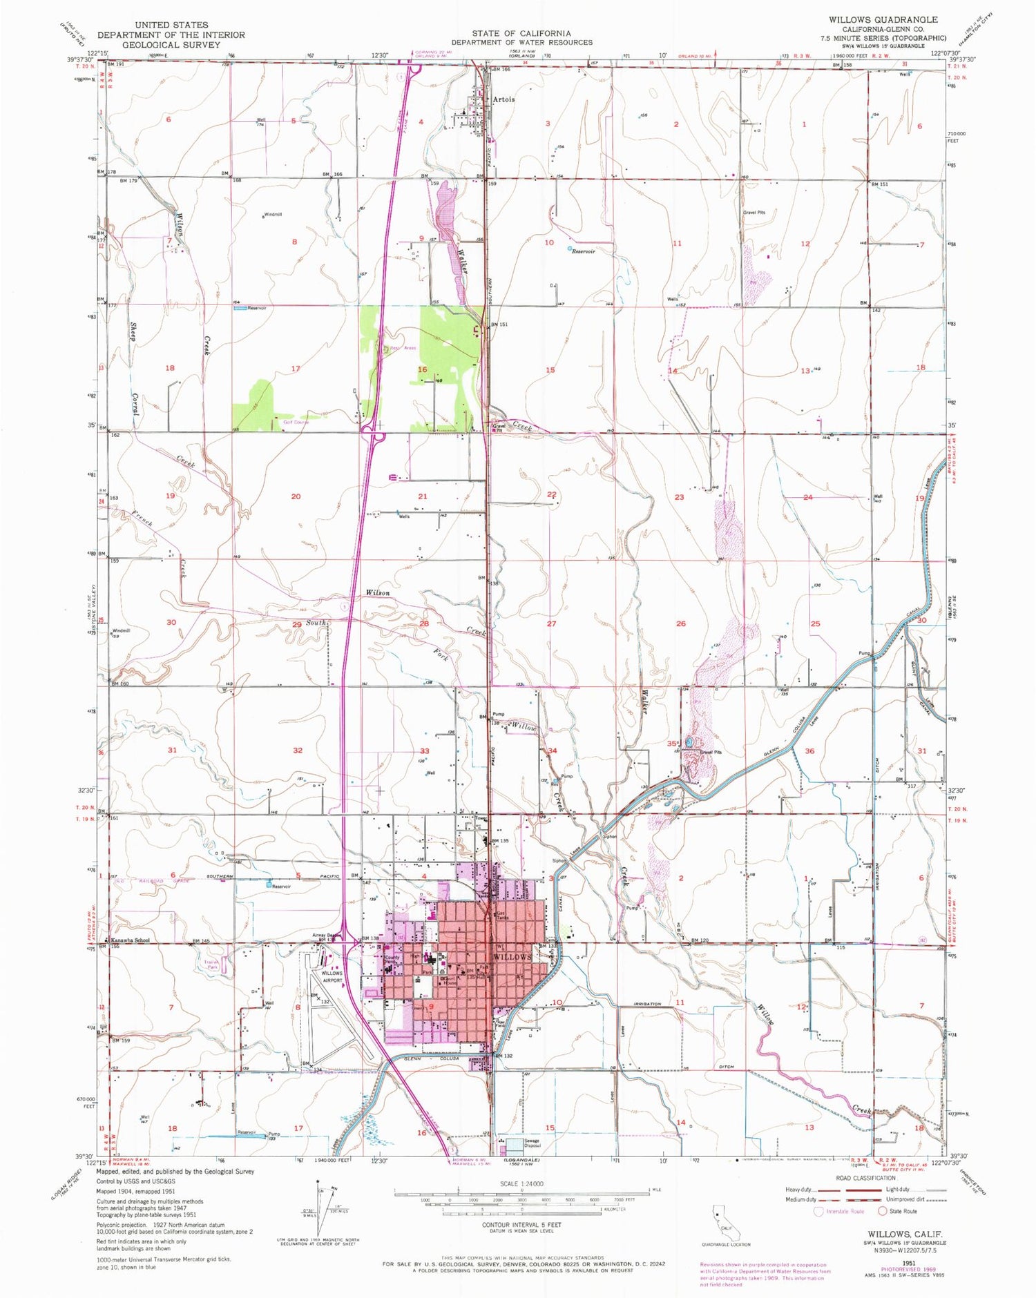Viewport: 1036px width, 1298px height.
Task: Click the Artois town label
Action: click(x=504, y=99)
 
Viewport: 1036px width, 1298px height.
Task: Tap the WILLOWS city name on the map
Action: click(x=512, y=958)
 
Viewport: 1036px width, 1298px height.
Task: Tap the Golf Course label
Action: click(x=296, y=422)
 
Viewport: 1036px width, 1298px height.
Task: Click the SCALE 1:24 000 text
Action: click(x=521, y=1183)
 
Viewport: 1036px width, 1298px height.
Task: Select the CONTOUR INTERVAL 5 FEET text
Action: click(x=521, y=1226)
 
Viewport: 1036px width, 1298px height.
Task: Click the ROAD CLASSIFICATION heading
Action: click(x=863, y=1178)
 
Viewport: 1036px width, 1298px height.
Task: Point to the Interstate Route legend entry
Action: click(x=841, y=1211)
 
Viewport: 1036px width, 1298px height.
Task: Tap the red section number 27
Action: click(x=551, y=623)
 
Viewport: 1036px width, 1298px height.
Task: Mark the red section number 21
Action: click(x=423, y=496)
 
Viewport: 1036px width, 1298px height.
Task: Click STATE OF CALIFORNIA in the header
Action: click(x=521, y=33)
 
